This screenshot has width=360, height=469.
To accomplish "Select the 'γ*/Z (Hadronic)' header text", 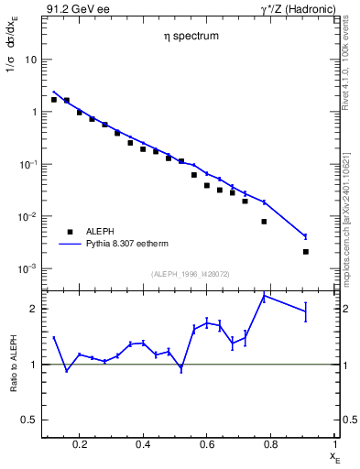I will point(294,9).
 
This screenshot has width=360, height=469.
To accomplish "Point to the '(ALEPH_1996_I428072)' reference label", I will point(191,275).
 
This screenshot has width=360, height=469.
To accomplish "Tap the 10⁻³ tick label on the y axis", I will point(27,269).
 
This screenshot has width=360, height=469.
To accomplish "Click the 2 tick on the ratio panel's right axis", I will point(344,309).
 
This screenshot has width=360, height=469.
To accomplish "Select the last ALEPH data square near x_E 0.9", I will point(306,251).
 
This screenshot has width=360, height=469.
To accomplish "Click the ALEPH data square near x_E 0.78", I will point(264,221).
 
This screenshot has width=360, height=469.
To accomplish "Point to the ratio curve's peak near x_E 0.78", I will point(264,295).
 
